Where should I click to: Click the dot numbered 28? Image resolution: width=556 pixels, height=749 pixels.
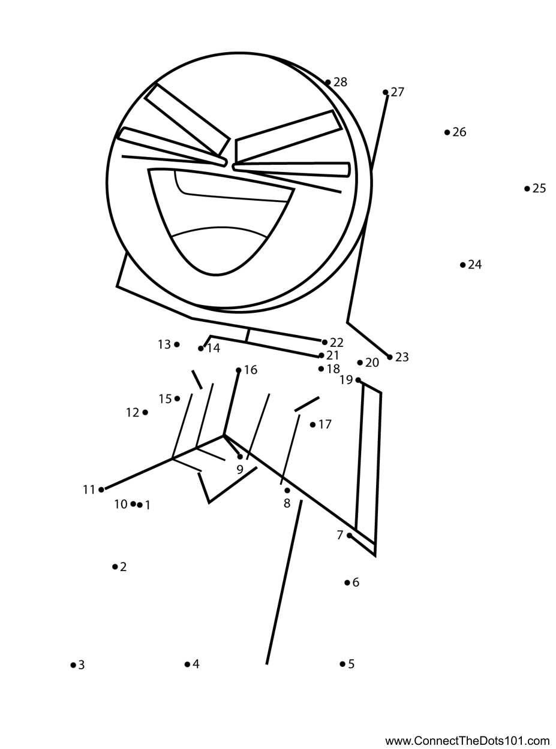[x=328, y=83]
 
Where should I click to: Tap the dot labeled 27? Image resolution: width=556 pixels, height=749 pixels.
[x=386, y=92]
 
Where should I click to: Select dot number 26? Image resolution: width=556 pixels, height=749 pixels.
[x=447, y=132]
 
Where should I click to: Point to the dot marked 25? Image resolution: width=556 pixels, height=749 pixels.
[x=527, y=189]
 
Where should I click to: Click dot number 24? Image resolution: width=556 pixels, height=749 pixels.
[x=462, y=265]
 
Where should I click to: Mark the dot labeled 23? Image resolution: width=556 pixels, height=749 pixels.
[x=390, y=357]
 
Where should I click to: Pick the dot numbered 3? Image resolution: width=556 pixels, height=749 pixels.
[x=73, y=665]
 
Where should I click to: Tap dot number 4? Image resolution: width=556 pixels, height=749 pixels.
[x=187, y=664]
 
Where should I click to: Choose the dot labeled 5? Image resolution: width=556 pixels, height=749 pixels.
[x=342, y=664]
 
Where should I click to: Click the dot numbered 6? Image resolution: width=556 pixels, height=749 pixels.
[x=347, y=582]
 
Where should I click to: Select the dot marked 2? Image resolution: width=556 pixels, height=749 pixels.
[x=115, y=567]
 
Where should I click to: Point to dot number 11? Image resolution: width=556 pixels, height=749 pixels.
[x=101, y=490]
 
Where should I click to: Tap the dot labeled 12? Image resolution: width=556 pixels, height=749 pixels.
[x=145, y=413]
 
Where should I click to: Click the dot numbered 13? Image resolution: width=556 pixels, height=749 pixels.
[x=176, y=345]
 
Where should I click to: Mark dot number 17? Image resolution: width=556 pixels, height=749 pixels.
[x=312, y=425]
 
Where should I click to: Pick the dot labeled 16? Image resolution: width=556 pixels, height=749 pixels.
[x=239, y=370]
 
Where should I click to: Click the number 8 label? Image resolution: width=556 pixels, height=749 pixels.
[x=287, y=504]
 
